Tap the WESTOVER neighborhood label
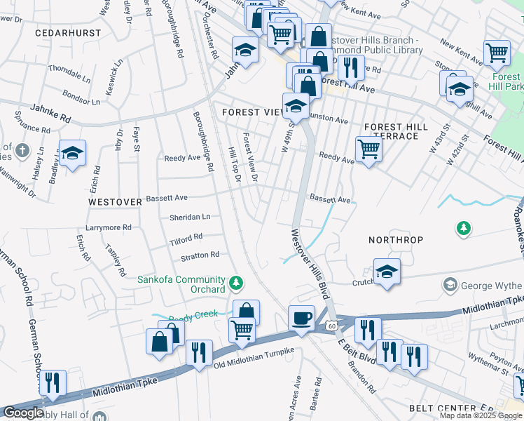114,201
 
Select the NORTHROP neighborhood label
396,240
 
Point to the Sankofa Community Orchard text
181,284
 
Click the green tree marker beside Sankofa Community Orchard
237,283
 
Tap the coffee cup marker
302,318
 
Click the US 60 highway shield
331,325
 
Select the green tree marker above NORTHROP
462,228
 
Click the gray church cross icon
22,150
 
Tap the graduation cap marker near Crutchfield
386,272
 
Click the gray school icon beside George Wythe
449,285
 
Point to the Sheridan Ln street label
189,218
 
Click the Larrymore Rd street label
109,227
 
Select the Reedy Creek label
194,316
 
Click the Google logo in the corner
23,413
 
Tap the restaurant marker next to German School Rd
53,383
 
